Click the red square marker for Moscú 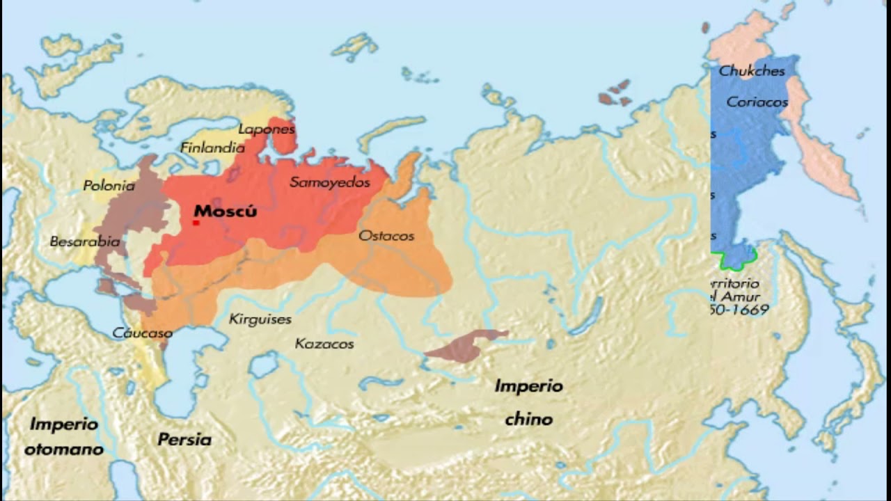click(x=196, y=223)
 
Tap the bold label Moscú click(x=225, y=211)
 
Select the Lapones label click(x=267, y=129)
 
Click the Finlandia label click(x=212, y=148)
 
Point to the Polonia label click(x=109, y=186)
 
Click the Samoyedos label click(x=329, y=182)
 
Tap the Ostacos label click(x=386, y=236)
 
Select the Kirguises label click(x=260, y=319)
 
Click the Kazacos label click(x=324, y=344)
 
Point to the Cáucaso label click(x=142, y=333)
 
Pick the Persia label click(x=184, y=440)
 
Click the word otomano click(x=63, y=450)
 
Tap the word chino click(x=528, y=420)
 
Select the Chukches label click(x=752, y=71)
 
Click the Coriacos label click(x=757, y=102)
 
